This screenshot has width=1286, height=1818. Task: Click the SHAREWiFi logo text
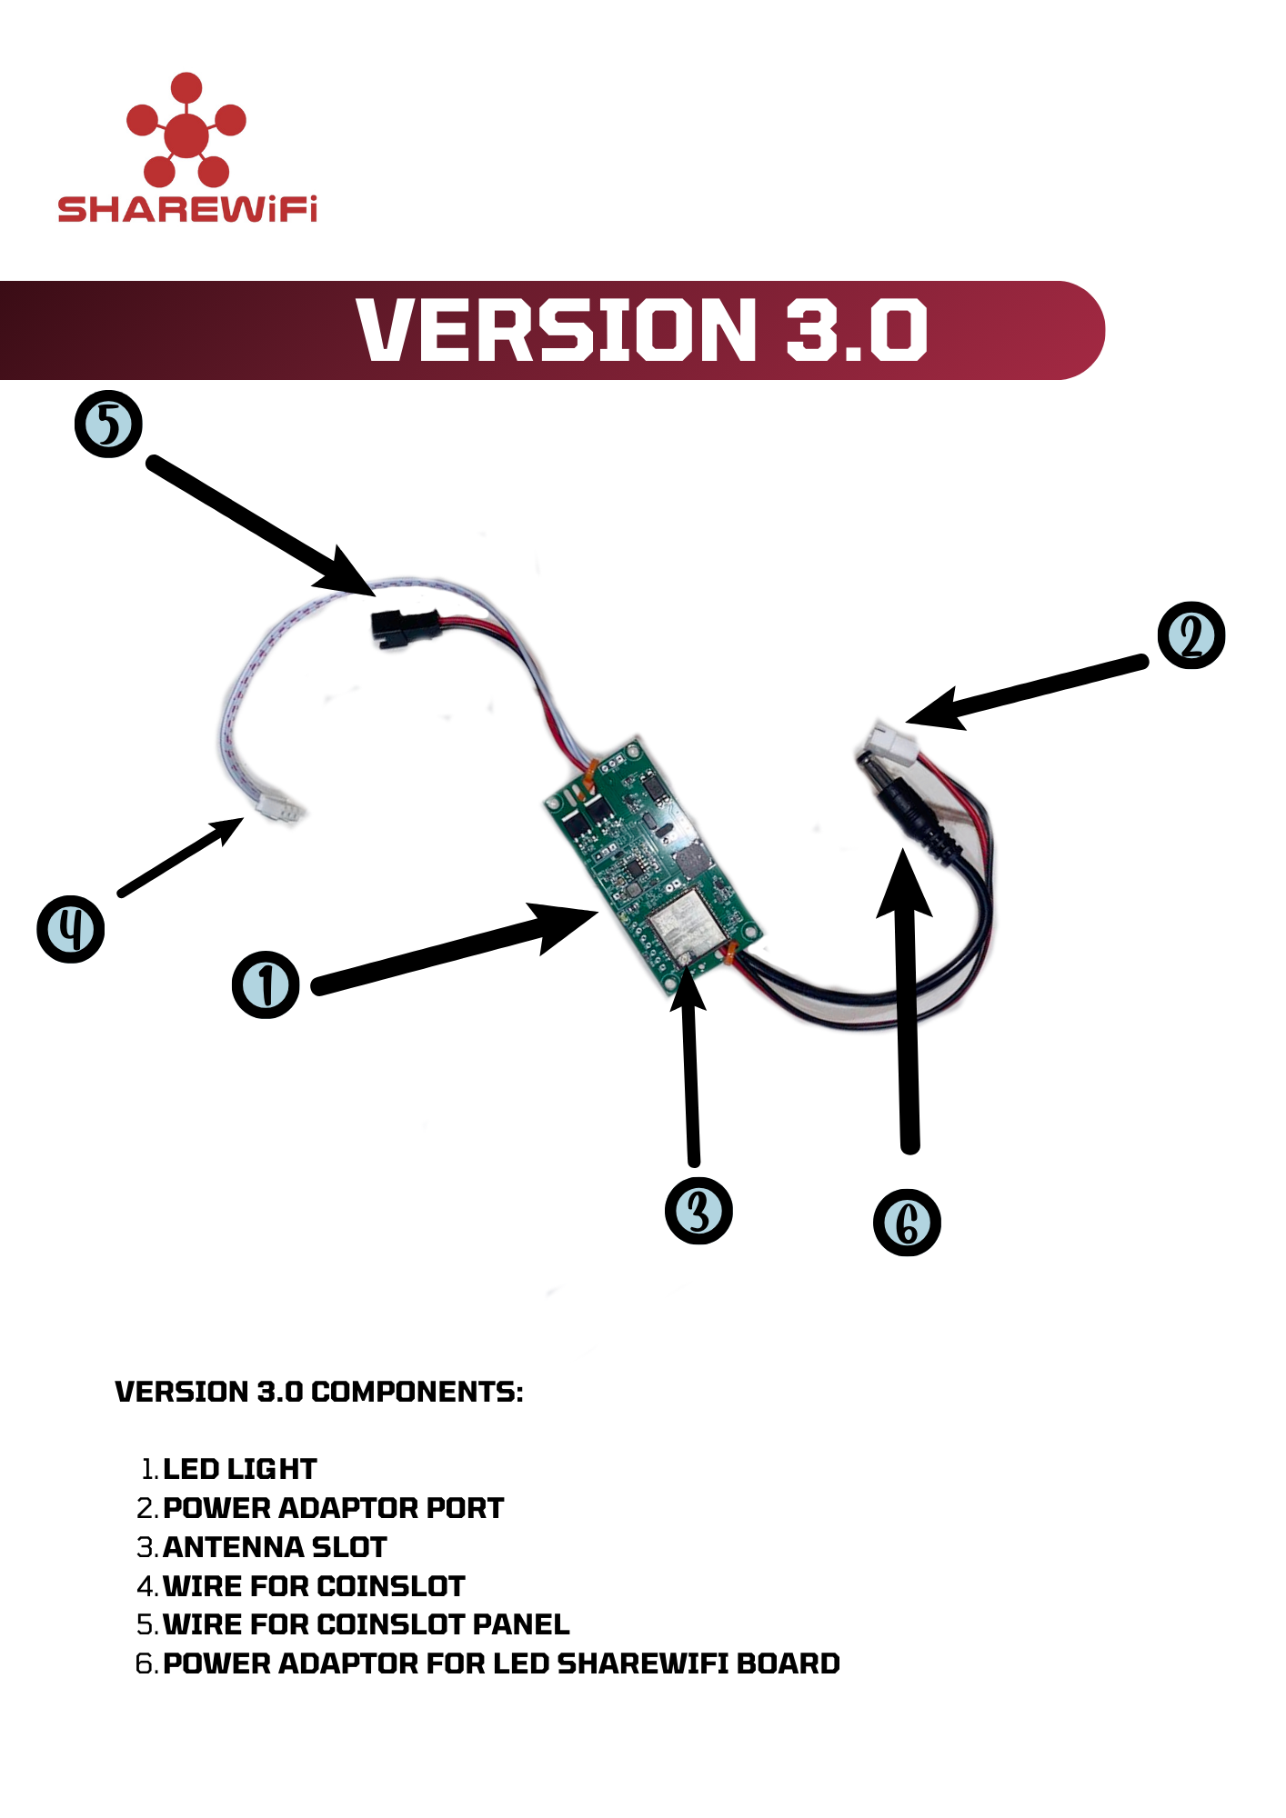click(x=187, y=209)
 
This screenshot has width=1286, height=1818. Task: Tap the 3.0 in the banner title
click(x=856, y=329)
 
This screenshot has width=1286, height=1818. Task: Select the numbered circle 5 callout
click(x=108, y=425)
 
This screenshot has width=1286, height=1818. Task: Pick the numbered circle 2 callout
click(x=1191, y=635)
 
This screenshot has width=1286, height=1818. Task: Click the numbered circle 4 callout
click(x=70, y=928)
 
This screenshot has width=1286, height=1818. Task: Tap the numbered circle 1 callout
click(x=266, y=984)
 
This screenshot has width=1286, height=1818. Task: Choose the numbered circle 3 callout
click(x=698, y=1210)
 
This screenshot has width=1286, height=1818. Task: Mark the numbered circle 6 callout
click(x=907, y=1222)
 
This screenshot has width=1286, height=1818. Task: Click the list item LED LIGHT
click(x=239, y=1469)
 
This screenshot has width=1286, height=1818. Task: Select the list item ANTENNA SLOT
click(x=275, y=1547)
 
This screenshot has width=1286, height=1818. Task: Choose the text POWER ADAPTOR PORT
click(x=333, y=1508)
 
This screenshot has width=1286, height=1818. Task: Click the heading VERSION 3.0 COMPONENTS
click(x=319, y=1392)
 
